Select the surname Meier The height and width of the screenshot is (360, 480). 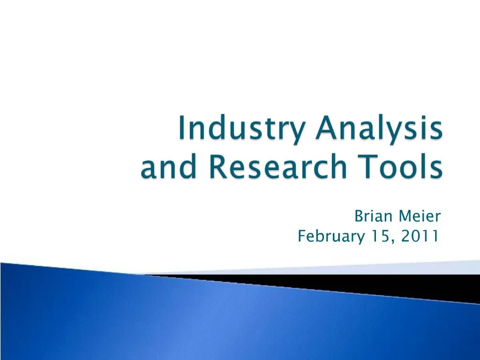click(420, 217)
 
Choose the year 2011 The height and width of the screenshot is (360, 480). click(420, 237)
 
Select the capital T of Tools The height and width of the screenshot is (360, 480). click(352, 167)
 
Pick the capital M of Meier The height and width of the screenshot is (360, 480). click(404, 217)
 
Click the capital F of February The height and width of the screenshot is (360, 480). click(301, 237)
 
